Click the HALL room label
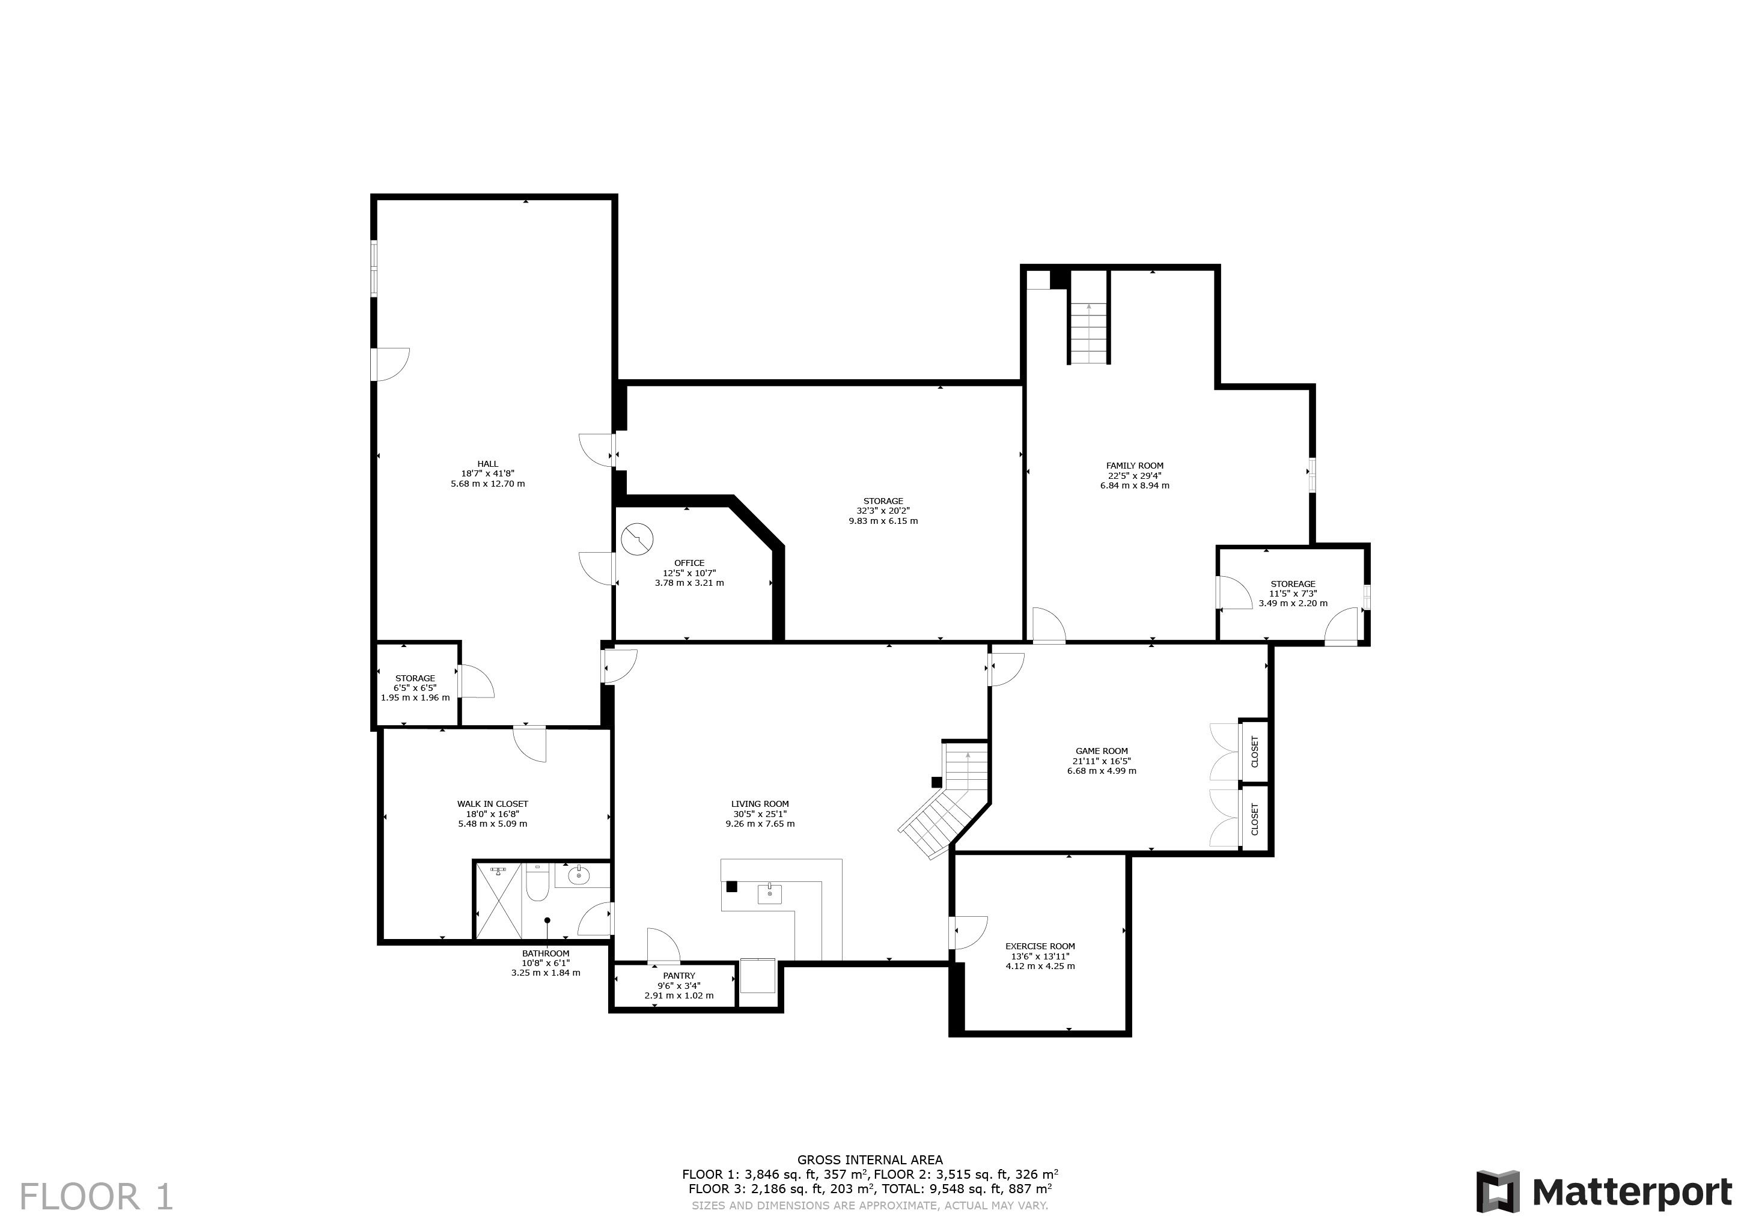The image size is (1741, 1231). [x=487, y=464]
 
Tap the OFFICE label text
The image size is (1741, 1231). [x=689, y=563]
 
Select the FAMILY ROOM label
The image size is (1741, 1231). [x=1135, y=466]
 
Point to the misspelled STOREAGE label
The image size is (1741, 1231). [x=1293, y=584]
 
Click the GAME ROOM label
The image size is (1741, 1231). [x=1102, y=751]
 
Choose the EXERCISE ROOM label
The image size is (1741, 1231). [x=1040, y=946]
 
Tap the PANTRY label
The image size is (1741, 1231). [x=678, y=976]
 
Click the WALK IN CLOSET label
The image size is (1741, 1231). [x=492, y=803]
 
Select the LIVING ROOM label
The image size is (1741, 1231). [x=760, y=803]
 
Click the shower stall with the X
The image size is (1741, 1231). [x=499, y=901]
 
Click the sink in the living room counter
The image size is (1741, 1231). [x=770, y=894]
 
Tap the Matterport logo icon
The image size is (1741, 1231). [x=1498, y=1191]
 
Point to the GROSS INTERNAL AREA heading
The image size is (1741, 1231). [x=870, y=1160]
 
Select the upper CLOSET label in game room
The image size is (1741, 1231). [x=1254, y=751]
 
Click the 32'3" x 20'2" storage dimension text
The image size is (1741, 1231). [x=883, y=511]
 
